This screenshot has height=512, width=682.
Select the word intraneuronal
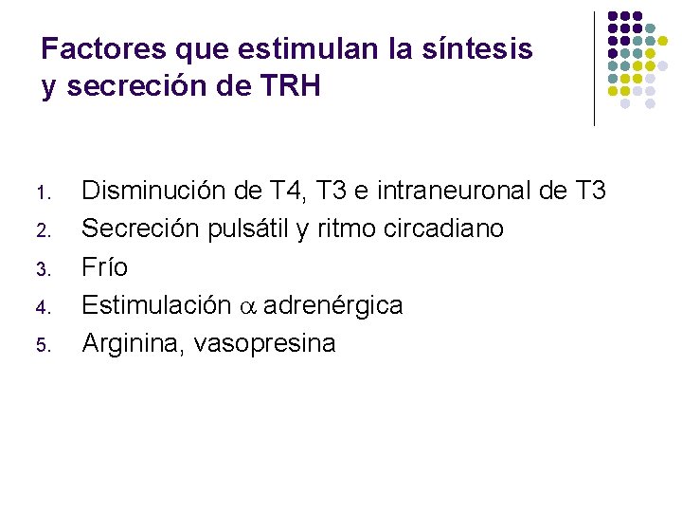pyautogui.click(x=454, y=191)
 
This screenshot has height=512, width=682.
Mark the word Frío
pyautogui.click(x=105, y=267)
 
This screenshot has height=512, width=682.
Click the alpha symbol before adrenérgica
pyautogui.click(x=247, y=306)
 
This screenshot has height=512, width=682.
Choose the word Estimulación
pyautogui.click(x=156, y=305)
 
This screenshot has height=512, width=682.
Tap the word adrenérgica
pyautogui.click(x=333, y=305)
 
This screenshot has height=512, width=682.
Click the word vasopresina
pyautogui.click(x=264, y=344)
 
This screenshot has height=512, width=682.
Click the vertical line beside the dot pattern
pyautogui.click(x=594, y=68)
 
